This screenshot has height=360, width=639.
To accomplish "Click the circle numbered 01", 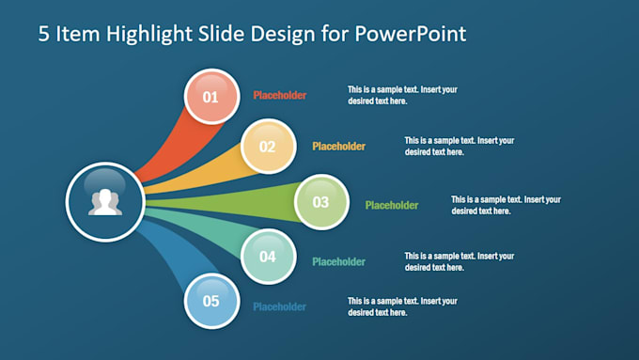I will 210,97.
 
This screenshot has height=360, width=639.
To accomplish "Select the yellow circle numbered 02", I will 268,147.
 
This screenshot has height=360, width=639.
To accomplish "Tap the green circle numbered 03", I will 321,202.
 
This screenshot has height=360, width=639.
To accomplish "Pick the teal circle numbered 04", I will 268,257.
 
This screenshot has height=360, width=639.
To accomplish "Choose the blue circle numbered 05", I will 210,302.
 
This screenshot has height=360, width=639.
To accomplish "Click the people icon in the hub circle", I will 104,202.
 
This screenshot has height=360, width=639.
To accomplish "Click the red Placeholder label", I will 279,95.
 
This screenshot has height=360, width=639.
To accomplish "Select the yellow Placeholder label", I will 338,147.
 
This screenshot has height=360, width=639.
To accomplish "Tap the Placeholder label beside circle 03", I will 392,206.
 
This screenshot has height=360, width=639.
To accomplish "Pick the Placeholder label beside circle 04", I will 338,262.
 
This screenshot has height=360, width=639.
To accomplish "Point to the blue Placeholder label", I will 279,306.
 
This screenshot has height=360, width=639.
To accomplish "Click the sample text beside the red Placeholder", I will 402,95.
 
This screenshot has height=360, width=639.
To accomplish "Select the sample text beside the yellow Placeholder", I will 460,146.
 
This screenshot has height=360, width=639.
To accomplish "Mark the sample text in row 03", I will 506,205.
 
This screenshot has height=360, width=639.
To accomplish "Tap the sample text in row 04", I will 460,261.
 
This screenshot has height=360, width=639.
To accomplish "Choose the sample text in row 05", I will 402,306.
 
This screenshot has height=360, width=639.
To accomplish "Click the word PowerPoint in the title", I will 413,35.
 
